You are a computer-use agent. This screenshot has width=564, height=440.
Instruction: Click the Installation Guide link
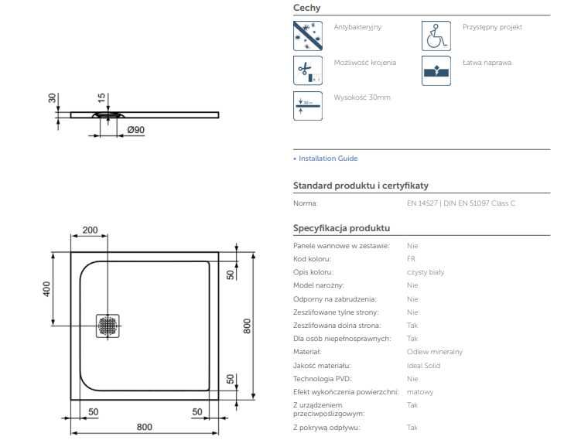coord(327,159)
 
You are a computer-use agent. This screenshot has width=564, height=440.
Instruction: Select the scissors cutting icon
coord(307,70)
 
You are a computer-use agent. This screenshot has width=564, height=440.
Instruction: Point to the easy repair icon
coord(436,70)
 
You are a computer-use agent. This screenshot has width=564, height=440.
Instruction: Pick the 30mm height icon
coord(307,105)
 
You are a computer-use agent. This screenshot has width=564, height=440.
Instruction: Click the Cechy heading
coord(306,8)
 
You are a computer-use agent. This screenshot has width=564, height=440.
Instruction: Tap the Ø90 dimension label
coord(135,130)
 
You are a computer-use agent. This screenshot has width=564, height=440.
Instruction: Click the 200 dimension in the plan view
coord(90,230)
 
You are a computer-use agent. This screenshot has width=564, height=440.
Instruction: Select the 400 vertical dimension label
coord(47,288)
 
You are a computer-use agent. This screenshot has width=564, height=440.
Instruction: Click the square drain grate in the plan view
coord(108,326)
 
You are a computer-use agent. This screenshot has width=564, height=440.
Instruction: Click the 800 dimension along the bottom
coord(144,427)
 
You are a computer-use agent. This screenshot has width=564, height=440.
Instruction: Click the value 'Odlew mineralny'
coord(434,352)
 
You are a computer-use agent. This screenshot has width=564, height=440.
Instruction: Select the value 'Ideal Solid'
coord(423,365)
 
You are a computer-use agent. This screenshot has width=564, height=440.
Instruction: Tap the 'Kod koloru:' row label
coord(311,259)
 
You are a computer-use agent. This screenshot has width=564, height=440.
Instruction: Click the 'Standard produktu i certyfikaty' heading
coord(361,186)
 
